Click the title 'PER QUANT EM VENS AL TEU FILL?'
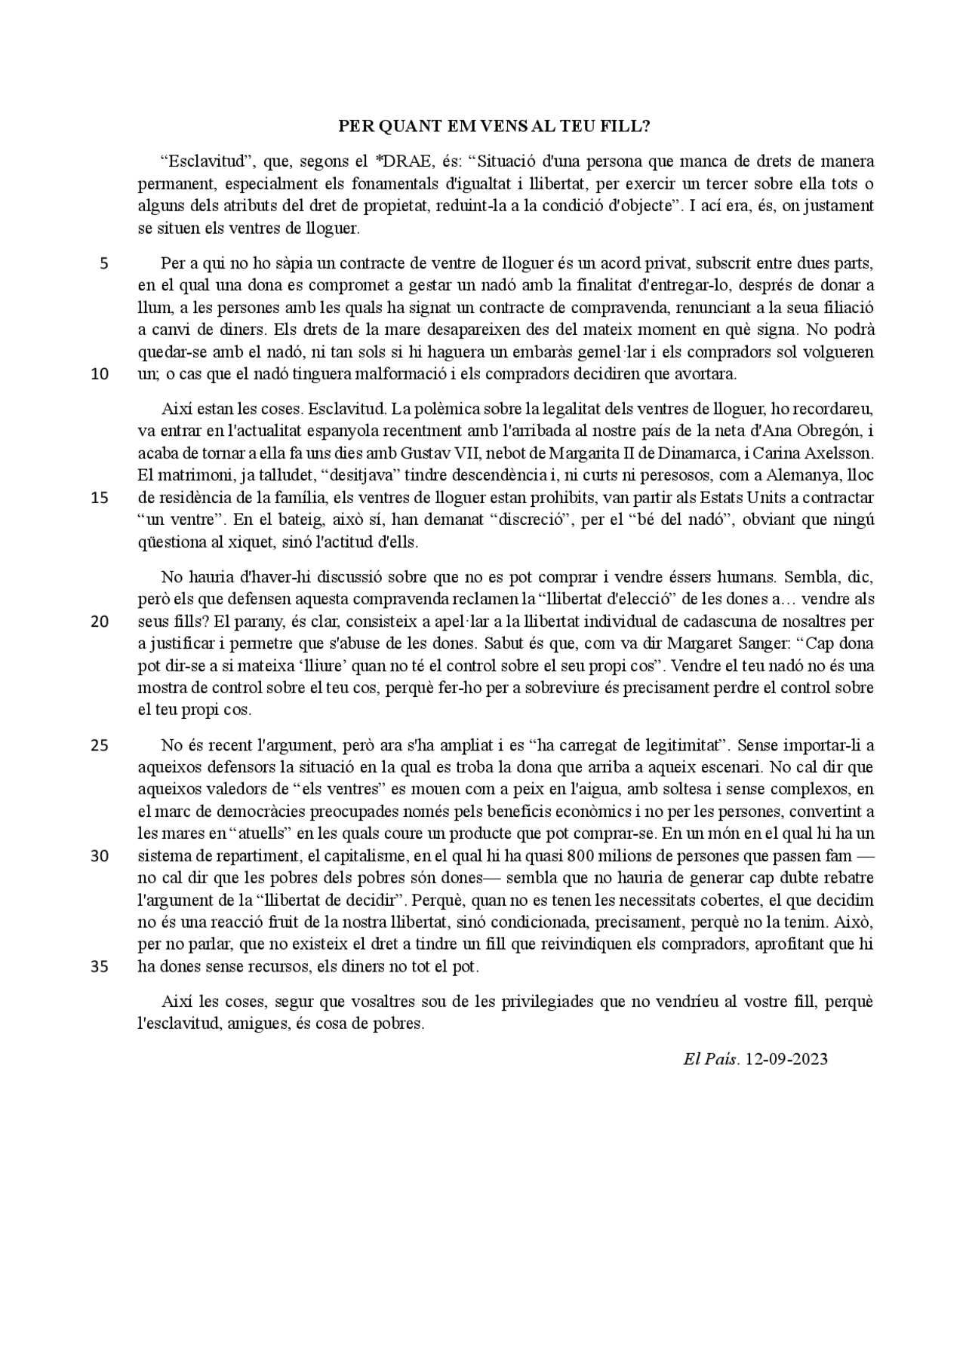tap(494, 126)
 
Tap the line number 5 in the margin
tap(103, 264)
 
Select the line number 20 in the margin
tap(100, 622)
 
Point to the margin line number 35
tap(100, 967)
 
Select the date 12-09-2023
tap(786, 1059)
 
